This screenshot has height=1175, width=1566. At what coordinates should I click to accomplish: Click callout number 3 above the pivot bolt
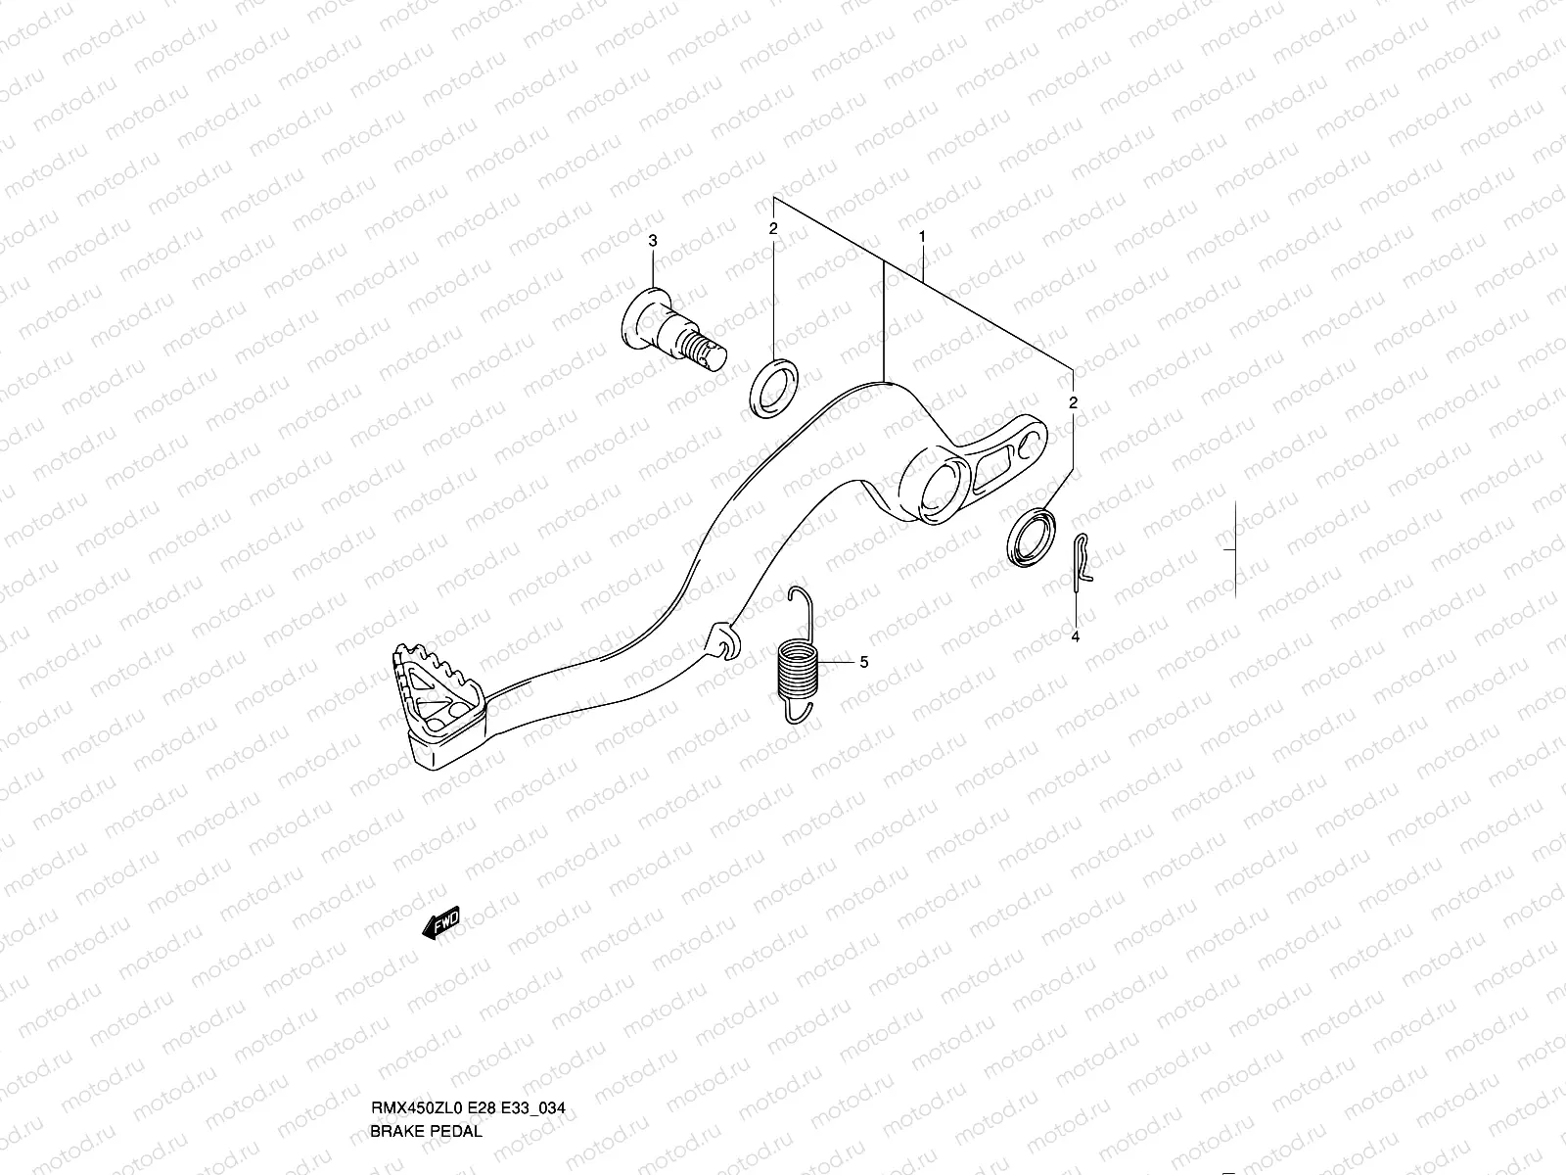coord(654,241)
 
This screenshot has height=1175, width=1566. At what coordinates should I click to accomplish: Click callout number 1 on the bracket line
coord(921,237)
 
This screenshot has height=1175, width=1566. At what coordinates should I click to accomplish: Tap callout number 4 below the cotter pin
coord(1075,637)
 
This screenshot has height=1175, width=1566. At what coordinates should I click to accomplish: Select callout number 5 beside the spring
coord(863,662)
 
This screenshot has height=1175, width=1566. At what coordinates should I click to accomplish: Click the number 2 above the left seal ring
coord(772,228)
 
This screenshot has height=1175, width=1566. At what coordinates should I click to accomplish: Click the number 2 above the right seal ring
coord(1073,403)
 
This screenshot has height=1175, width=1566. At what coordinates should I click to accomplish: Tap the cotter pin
coord(1082,563)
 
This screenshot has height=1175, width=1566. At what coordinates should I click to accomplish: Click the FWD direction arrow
coord(439,923)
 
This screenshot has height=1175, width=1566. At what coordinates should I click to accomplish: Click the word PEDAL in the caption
coord(459,1131)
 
